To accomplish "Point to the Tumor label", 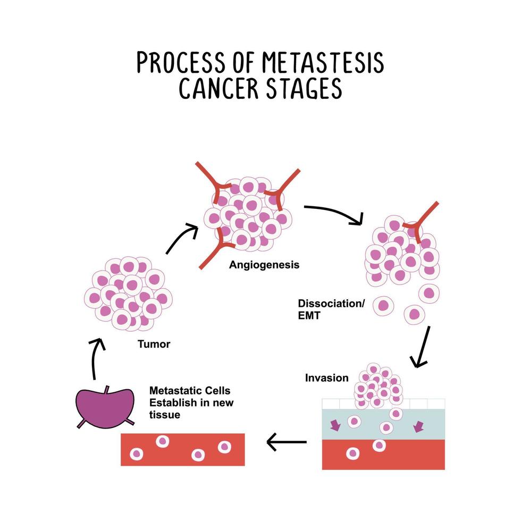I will click(154, 344).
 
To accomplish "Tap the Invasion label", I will click(326, 378).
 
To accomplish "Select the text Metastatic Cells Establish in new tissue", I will click(191, 402).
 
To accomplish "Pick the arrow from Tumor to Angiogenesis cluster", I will click(182, 238).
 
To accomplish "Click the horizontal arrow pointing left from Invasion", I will click(286, 441).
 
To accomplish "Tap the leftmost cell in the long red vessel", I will click(137, 454).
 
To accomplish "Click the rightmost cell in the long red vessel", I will click(224, 447).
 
